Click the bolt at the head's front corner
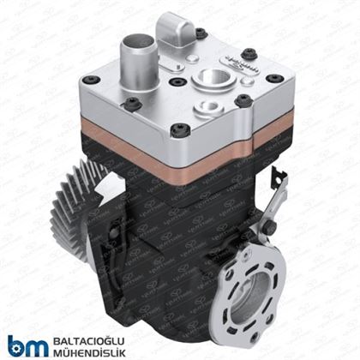click(177, 131)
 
